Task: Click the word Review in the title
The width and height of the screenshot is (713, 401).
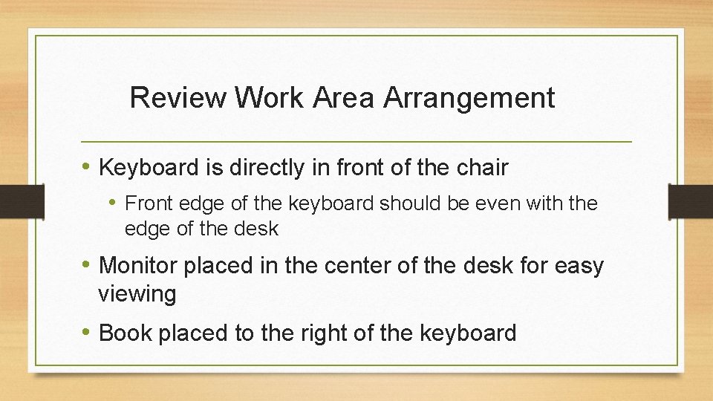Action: tap(179, 97)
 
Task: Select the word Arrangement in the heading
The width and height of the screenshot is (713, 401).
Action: tap(469, 97)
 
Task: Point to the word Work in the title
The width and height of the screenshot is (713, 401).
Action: tap(270, 97)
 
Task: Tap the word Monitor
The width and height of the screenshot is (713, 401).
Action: tap(138, 265)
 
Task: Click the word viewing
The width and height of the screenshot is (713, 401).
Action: tap(137, 294)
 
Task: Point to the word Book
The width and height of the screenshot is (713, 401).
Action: tap(124, 333)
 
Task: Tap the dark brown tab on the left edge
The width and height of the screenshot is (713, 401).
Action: tap(12, 200)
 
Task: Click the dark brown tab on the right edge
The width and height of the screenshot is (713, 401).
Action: tap(690, 200)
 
